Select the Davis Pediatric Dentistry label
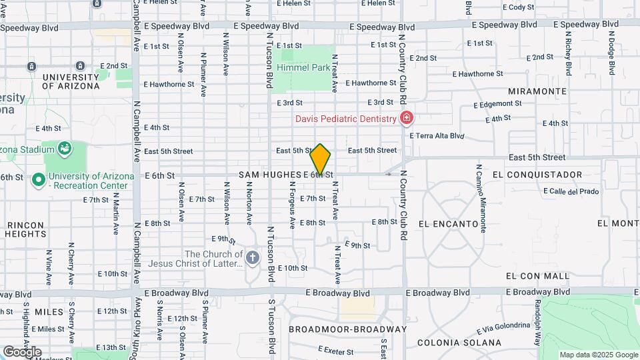(346, 119)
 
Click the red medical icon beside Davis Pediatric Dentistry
(406, 119)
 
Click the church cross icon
(252, 257)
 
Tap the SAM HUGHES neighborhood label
(269, 175)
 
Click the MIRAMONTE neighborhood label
(537, 91)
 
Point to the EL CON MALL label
(537, 275)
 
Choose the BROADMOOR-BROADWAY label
(347, 329)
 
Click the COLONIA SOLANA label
(459, 343)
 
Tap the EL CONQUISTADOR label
(537, 175)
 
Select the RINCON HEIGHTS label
(25, 229)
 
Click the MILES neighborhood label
(49, 312)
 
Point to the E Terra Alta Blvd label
(437, 135)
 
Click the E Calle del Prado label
(571, 191)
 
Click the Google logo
(21, 351)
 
